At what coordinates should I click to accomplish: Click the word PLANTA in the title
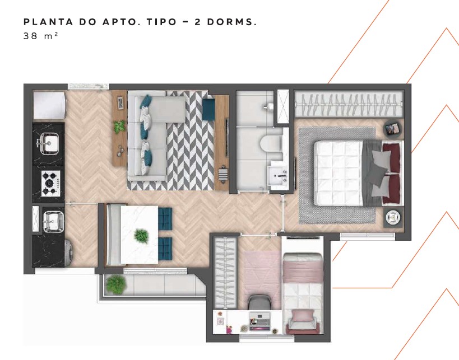point(48,22)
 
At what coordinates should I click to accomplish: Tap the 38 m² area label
point(40,36)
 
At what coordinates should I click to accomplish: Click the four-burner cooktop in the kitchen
point(50,184)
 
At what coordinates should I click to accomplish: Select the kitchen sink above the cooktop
point(48,143)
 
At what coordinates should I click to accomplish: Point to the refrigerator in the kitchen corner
point(49,105)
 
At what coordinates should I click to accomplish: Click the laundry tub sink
point(53,222)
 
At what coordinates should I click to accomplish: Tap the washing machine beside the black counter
point(68,253)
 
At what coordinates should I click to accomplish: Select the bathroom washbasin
point(277,176)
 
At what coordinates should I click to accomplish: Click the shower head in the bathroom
point(268,106)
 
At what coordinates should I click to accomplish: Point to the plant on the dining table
point(142,236)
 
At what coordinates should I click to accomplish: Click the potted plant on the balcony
point(116,284)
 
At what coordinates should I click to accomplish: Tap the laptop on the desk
point(259,321)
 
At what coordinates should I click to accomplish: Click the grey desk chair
point(260,302)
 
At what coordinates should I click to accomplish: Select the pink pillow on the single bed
point(303,316)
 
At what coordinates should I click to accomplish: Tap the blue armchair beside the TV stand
point(208,109)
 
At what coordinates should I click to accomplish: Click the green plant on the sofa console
point(119,127)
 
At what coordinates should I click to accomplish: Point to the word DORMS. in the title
point(232,22)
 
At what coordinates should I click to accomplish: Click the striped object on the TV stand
point(222,175)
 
